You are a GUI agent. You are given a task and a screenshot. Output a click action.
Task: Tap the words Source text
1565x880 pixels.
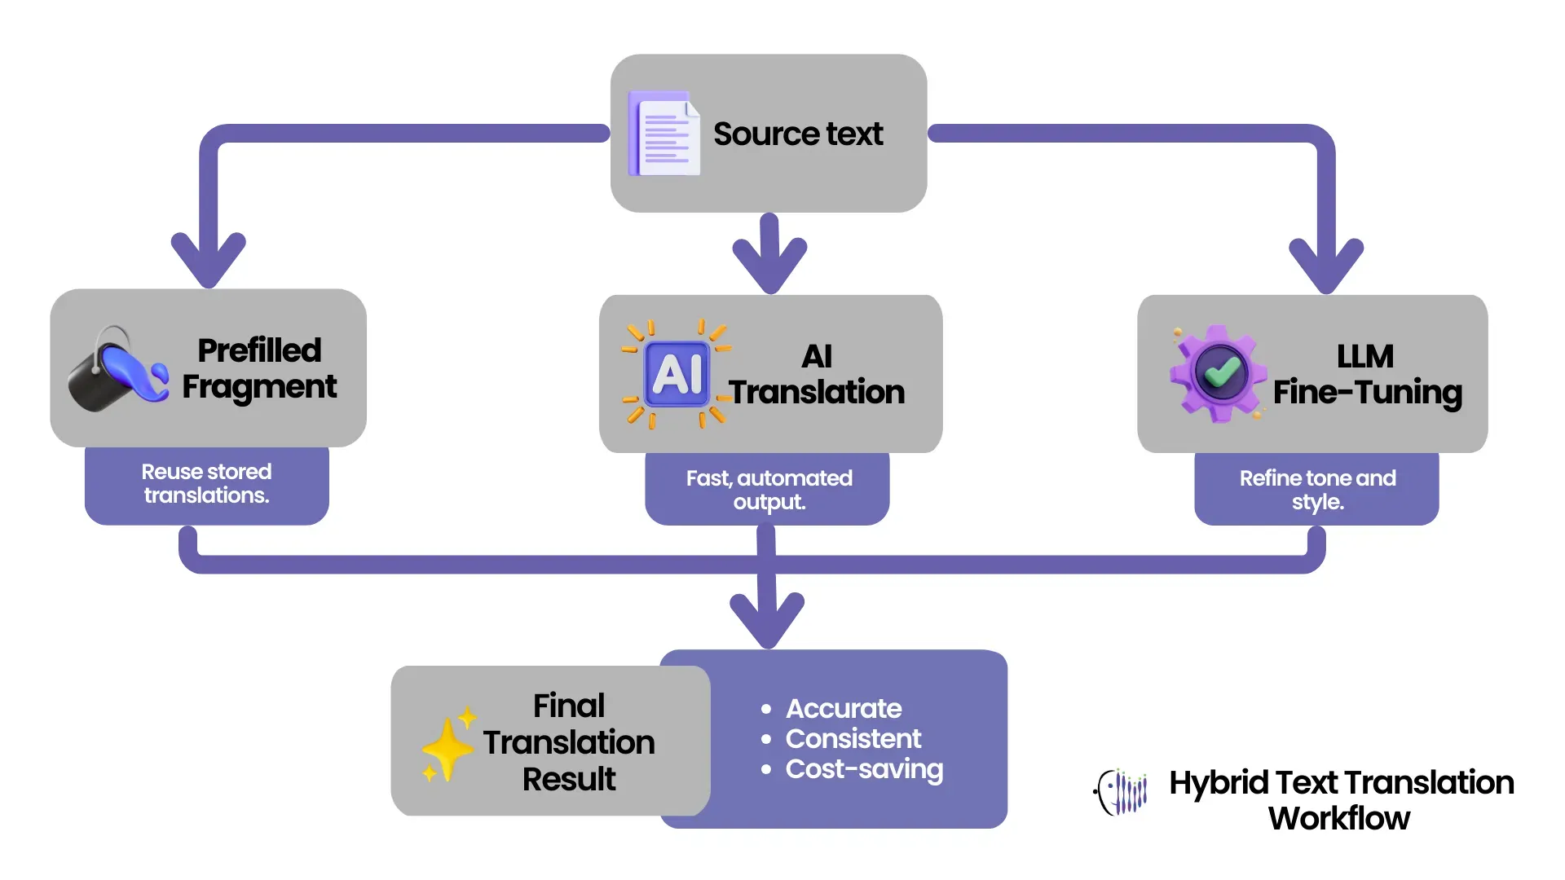[797, 134]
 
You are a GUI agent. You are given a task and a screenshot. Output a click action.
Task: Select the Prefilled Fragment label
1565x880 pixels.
[259, 368]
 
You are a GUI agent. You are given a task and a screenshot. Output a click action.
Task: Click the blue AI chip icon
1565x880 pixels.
[676, 374]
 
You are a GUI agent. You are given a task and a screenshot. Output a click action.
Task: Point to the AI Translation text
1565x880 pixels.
[817, 375]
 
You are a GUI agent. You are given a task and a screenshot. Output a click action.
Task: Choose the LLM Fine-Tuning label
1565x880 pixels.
[1367, 375]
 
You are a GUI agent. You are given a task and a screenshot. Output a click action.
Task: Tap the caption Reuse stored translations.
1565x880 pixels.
[206, 484]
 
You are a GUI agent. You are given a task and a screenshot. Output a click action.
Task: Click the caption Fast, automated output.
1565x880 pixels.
[769, 490]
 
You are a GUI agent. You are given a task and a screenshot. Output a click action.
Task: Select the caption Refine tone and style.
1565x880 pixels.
[1317, 490]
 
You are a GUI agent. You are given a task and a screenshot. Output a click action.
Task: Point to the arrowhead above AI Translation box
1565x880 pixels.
[769, 265]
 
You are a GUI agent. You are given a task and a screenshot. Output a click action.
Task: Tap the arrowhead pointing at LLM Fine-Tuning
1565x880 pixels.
[1326, 265]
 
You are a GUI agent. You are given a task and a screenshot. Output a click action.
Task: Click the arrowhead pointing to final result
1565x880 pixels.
[767, 619]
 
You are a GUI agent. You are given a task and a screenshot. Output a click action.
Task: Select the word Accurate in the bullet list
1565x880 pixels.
[843, 709]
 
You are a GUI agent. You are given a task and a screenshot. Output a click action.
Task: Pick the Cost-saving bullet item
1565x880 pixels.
[863, 769]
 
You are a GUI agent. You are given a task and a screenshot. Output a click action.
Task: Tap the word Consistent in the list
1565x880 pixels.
[853, 739]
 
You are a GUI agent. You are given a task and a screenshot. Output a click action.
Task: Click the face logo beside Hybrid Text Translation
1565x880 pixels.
[1122, 792]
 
